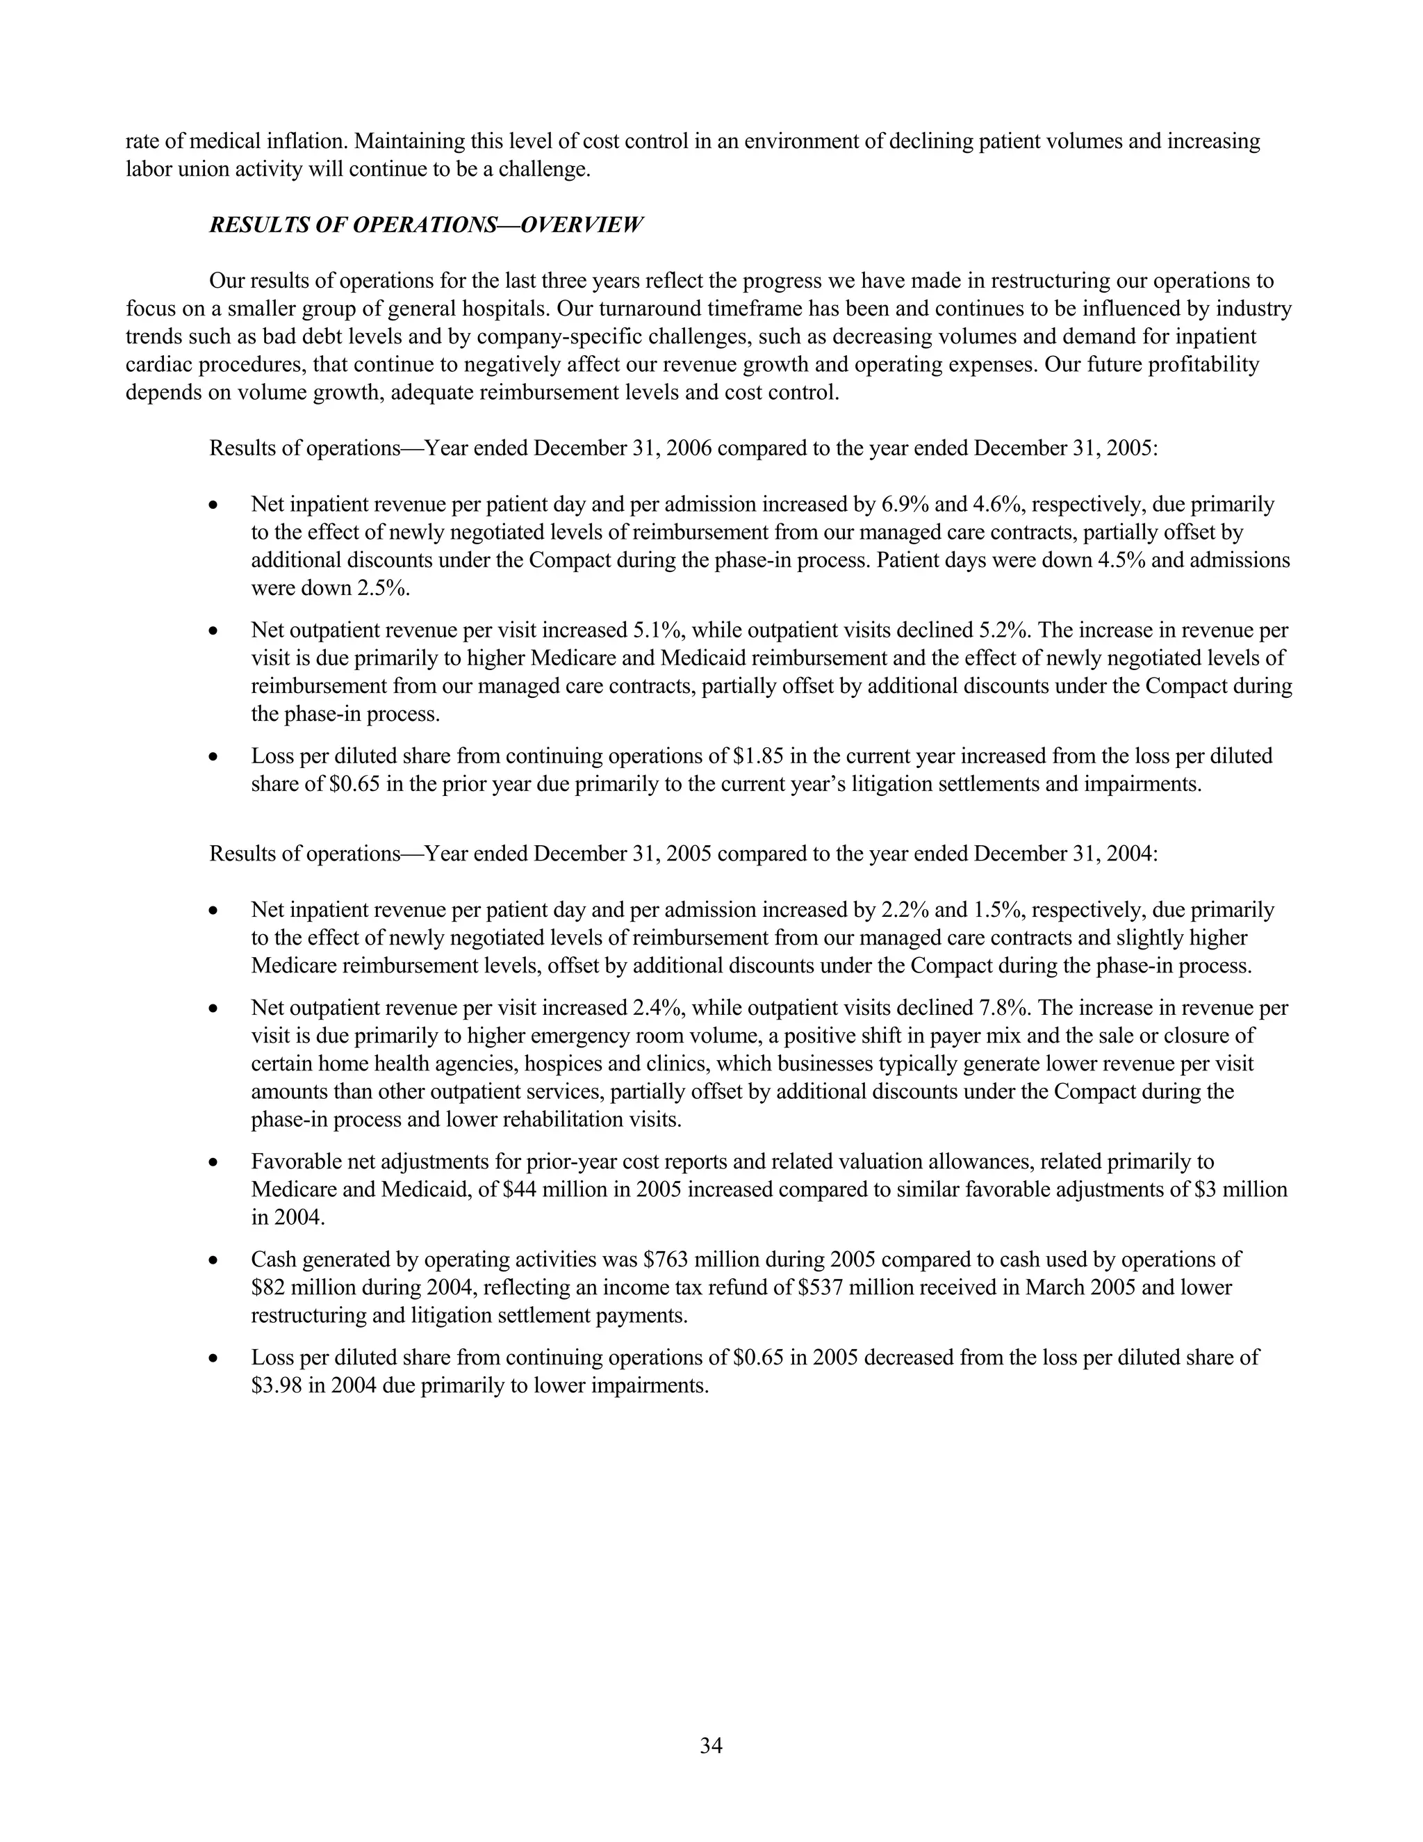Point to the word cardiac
[158, 365]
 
